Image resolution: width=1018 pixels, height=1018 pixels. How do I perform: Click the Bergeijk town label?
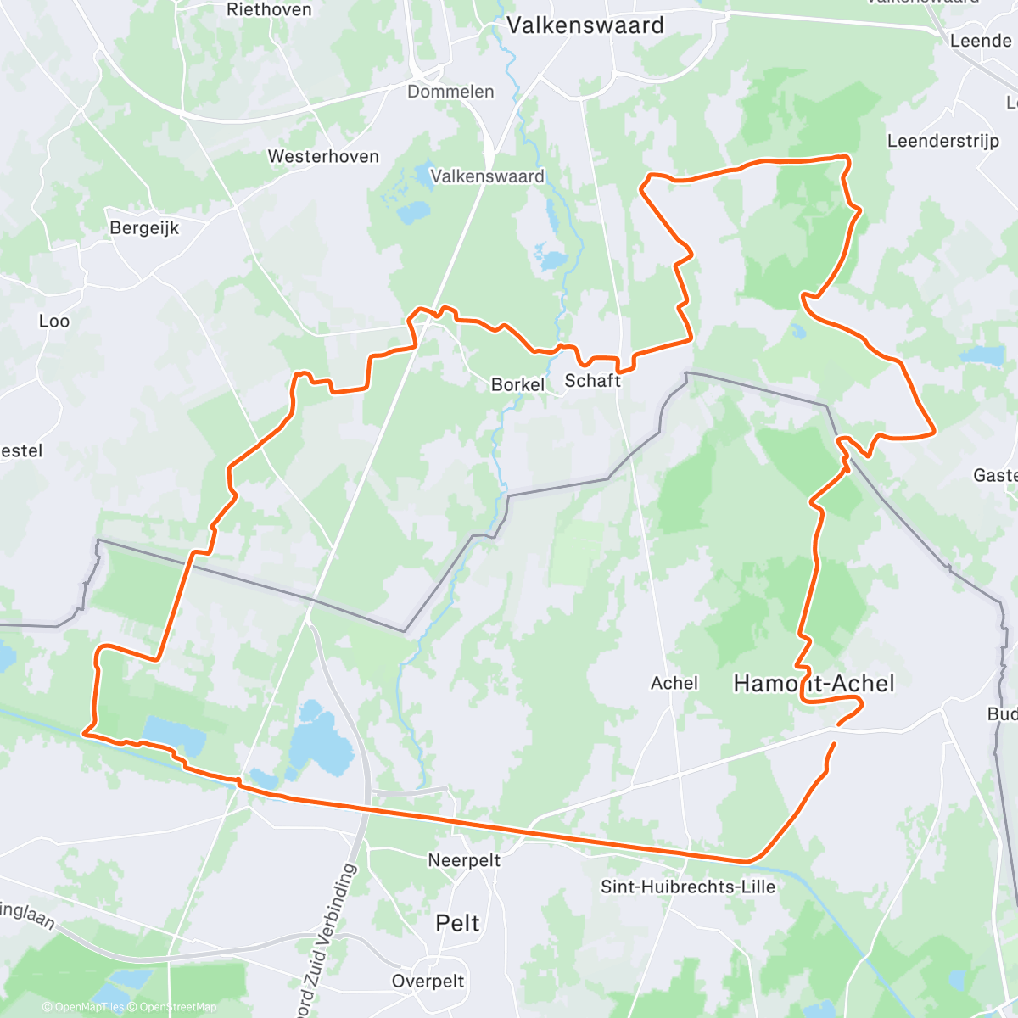tap(144, 228)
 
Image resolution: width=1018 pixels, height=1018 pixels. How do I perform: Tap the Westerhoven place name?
tap(323, 156)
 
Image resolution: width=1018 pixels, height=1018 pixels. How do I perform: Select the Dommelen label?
tap(450, 92)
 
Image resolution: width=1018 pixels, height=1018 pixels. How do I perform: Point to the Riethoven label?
tap(269, 10)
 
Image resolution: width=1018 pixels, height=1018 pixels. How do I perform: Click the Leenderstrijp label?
tap(942, 141)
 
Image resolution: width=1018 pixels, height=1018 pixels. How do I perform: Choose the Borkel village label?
tap(517, 384)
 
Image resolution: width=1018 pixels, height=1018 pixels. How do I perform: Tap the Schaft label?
tap(593, 381)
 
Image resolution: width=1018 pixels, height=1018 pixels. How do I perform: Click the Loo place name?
tap(54, 321)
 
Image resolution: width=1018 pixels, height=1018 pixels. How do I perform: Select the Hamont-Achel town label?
tap(814, 683)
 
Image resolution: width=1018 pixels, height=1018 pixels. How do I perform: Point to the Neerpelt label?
tap(464, 860)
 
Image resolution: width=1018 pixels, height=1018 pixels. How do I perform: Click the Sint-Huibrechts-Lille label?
tap(688, 887)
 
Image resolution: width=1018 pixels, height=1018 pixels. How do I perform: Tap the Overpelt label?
tap(428, 982)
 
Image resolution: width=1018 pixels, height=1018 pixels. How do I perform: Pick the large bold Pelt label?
tap(457, 923)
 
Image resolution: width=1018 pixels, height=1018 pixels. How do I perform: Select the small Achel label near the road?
tap(674, 683)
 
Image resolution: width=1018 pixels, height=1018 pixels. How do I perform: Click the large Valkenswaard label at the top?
tap(585, 25)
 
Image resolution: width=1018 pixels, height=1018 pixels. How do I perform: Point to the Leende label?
tap(981, 41)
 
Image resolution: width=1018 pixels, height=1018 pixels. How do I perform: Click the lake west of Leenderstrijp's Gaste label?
tap(982, 355)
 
